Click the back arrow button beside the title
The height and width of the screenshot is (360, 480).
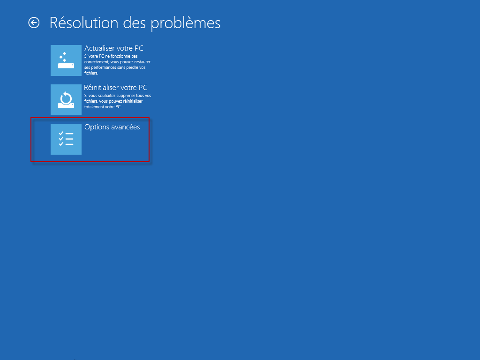click(34, 22)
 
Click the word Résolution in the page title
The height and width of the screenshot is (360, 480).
click(84, 22)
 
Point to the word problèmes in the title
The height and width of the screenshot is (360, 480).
click(186, 23)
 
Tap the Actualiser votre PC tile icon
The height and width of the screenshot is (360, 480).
click(66, 60)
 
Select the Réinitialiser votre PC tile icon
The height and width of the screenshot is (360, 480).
click(66, 100)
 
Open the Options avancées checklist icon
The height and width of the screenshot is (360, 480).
click(66, 139)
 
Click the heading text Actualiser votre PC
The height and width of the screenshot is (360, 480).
click(114, 48)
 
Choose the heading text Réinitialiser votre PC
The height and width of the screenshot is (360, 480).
click(116, 88)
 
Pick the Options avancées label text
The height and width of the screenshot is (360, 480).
click(112, 127)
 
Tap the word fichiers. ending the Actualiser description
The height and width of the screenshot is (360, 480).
click(91, 73)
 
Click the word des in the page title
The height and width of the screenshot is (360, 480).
click(135, 22)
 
